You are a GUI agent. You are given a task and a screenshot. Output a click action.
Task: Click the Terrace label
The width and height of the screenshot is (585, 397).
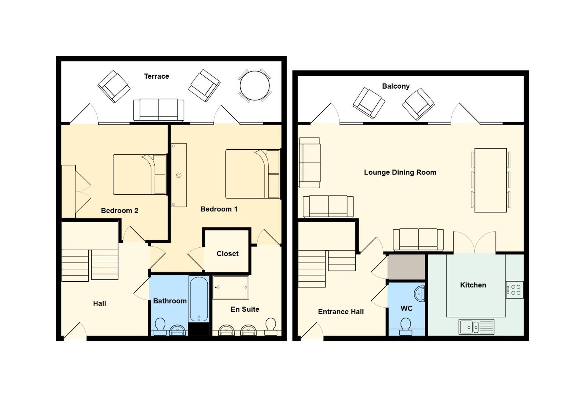pyautogui.click(x=157, y=76)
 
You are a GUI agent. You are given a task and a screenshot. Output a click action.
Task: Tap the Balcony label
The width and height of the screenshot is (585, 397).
pyautogui.click(x=396, y=86)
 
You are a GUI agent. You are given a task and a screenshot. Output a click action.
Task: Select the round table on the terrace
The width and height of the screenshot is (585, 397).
pyautogui.click(x=255, y=86)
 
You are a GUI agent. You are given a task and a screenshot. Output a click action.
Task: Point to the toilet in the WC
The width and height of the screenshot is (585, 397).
pyautogui.click(x=406, y=326)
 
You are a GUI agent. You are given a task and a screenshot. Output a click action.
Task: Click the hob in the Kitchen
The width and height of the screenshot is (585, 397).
pyautogui.click(x=514, y=290)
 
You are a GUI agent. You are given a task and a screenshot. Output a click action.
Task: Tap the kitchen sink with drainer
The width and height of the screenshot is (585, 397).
pyautogui.click(x=476, y=327)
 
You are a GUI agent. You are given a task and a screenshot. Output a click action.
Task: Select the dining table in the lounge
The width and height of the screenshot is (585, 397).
pyautogui.click(x=491, y=180)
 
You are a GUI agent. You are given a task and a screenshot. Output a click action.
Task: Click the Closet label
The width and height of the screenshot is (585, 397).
pyautogui.click(x=227, y=254)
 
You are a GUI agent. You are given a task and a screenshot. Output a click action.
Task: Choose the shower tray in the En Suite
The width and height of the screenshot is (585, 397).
pyautogui.click(x=231, y=287)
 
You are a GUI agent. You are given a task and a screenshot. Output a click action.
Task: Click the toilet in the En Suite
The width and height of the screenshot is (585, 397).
pyautogui.click(x=270, y=326)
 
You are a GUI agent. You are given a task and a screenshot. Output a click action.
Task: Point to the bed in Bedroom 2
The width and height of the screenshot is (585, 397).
pyautogui.click(x=140, y=175)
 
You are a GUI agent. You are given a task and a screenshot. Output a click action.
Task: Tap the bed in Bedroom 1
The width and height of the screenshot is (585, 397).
pyautogui.click(x=253, y=174)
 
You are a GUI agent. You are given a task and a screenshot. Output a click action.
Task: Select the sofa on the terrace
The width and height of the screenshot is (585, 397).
pyautogui.click(x=159, y=110)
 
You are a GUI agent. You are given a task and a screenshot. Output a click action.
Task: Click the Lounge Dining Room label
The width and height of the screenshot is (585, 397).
pyautogui.click(x=400, y=172)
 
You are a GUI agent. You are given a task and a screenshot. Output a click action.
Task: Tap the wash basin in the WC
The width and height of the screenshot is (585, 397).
pyautogui.click(x=419, y=294)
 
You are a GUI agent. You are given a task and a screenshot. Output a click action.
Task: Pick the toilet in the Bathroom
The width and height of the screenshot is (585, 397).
pyautogui.click(x=160, y=326)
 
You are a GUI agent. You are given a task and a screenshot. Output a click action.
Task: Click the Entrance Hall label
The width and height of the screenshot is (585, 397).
pyautogui.click(x=341, y=312)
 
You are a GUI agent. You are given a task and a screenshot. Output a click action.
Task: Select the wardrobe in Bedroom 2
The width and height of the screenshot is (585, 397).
pyautogui.click(x=69, y=192)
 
